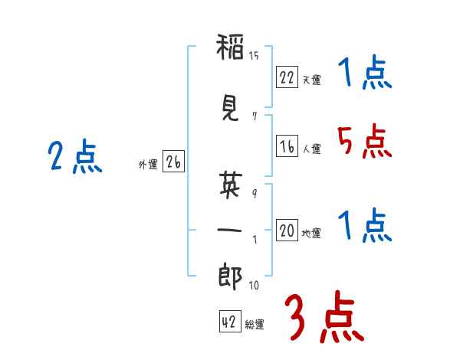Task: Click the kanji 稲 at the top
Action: (x=230, y=47)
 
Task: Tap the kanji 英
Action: (x=231, y=184)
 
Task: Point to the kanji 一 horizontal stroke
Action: (x=230, y=230)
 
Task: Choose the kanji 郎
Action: (x=230, y=277)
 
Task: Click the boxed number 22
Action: (x=287, y=77)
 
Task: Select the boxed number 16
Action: (x=287, y=146)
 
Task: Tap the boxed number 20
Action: (x=287, y=230)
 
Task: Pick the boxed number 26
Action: (x=173, y=162)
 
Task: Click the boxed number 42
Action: (x=230, y=321)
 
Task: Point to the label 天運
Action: (x=311, y=80)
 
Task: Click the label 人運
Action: (x=311, y=149)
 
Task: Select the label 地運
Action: (x=311, y=233)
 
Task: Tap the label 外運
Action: (x=148, y=165)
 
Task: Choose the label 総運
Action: (x=255, y=325)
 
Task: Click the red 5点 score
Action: (x=364, y=141)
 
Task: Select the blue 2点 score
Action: (x=75, y=156)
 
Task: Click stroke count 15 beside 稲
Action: (x=254, y=55)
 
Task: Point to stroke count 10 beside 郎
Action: (x=254, y=285)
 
